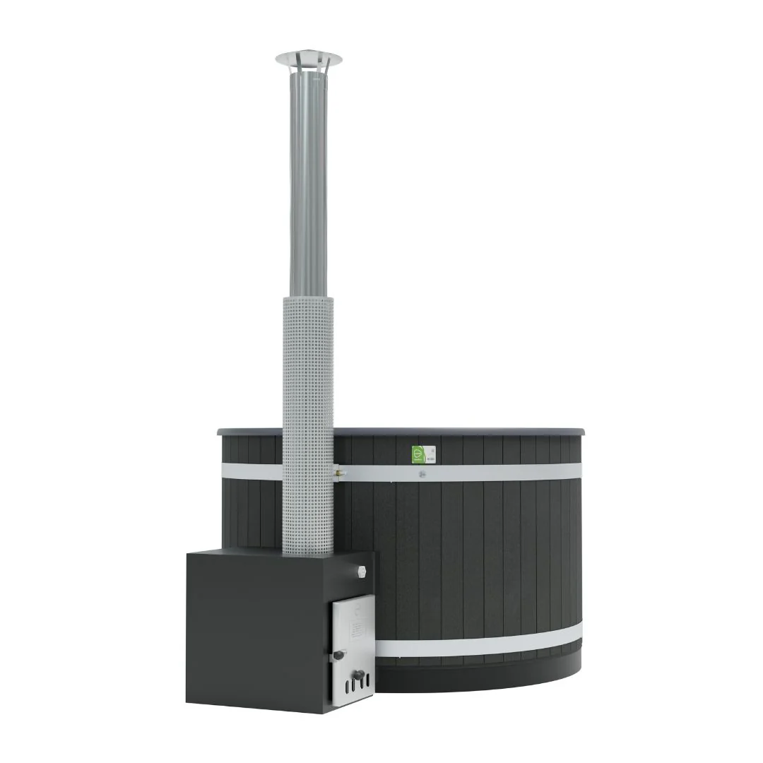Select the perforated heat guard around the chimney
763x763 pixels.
coord(307,424)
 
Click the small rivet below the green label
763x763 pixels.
coord(422,474)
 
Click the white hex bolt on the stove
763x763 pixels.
coord(363,569)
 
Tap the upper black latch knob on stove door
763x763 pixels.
coord(339,655)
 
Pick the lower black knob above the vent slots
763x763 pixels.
coord(358,674)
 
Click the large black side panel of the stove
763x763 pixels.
coord(254,629)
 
